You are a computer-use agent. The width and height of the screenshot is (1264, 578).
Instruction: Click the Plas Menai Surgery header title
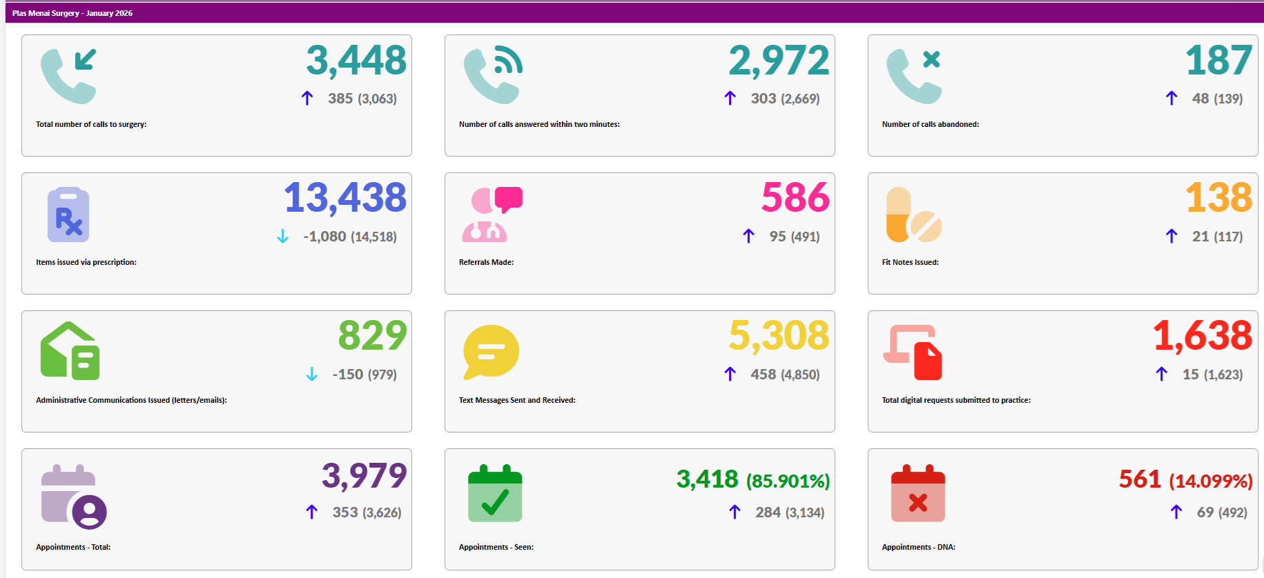[72, 13]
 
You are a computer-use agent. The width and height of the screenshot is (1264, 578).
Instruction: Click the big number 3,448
[356, 61]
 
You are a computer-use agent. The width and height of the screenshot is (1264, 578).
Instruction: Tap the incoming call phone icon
[68, 76]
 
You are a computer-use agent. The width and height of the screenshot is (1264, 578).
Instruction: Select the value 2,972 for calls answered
[779, 61]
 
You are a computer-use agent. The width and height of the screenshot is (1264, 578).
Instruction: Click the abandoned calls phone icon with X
[914, 76]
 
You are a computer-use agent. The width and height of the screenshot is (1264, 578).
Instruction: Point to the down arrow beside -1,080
[282, 237]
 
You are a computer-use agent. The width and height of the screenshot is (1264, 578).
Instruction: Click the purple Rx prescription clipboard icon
[68, 215]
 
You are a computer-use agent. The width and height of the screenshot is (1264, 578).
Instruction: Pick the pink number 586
[795, 198]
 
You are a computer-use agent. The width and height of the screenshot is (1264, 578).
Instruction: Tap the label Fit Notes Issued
[910, 262]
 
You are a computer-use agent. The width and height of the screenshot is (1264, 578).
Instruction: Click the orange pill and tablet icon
[913, 215]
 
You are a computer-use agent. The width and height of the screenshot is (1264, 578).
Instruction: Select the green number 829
[372, 336]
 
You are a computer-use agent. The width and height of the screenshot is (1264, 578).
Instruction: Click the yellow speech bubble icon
[491, 352]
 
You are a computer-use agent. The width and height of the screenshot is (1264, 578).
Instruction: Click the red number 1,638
[1202, 336]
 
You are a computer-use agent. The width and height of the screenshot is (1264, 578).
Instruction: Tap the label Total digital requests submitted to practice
[956, 400]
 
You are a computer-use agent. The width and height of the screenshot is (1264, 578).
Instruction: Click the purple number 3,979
[364, 476]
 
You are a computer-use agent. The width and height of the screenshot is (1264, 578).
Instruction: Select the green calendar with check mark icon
[495, 494]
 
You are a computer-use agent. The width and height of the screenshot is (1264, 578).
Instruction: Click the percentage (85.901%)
[788, 481]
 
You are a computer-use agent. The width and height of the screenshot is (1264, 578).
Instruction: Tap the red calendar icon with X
[917, 494]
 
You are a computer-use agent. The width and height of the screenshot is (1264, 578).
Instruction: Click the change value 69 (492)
[1221, 512]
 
